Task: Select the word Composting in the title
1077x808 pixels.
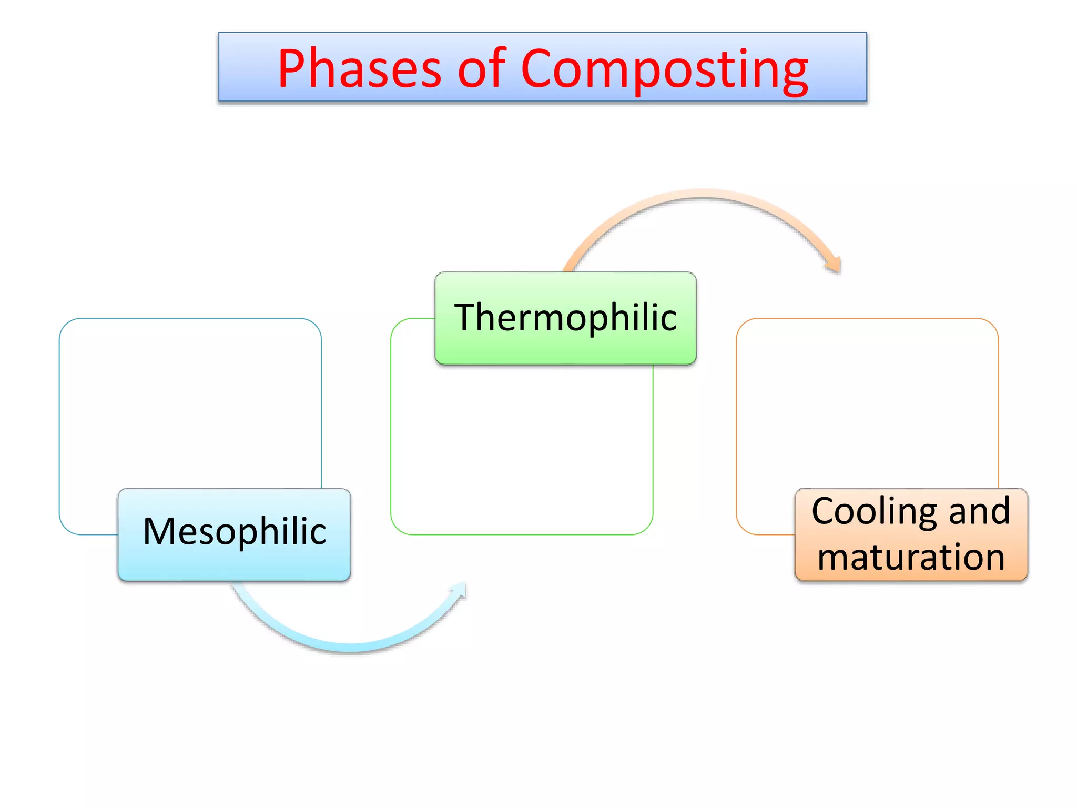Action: [x=664, y=69]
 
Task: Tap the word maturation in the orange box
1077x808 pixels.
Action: [x=911, y=557]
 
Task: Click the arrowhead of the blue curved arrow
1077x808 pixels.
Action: [x=459, y=590]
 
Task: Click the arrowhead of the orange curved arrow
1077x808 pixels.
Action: [x=834, y=264]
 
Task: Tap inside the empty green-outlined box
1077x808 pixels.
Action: [x=521, y=447]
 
